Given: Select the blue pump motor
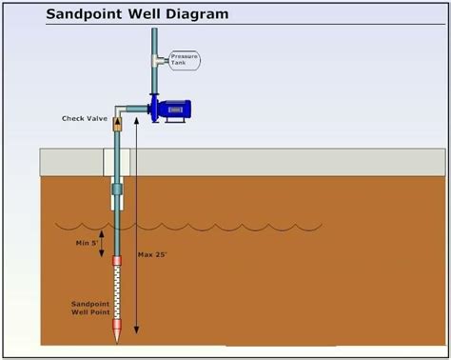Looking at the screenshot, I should [174, 110].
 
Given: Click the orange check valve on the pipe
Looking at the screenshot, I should [118, 123].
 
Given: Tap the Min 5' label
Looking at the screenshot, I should [88, 244].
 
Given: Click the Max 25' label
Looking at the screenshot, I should [152, 255].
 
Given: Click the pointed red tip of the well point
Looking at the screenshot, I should [118, 335].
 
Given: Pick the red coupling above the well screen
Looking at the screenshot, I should [118, 261].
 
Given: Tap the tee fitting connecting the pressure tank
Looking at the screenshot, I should [153, 60].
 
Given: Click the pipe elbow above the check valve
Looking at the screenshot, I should [118, 108].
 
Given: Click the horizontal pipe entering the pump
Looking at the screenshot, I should [137, 110].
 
